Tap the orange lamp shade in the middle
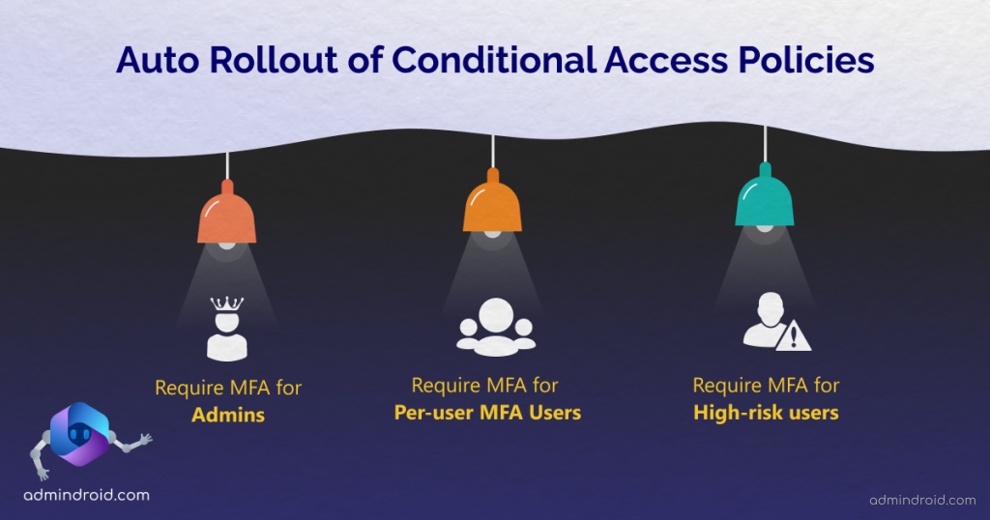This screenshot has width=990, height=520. [493, 207]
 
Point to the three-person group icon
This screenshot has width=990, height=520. [495, 325]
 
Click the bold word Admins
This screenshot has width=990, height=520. [228, 417]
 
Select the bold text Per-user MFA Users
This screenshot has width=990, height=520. [488, 413]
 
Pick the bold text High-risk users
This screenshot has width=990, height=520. [766, 413]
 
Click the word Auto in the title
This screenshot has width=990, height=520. [155, 60]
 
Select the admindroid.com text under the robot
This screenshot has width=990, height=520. [86, 495]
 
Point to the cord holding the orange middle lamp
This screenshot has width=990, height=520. [493, 153]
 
